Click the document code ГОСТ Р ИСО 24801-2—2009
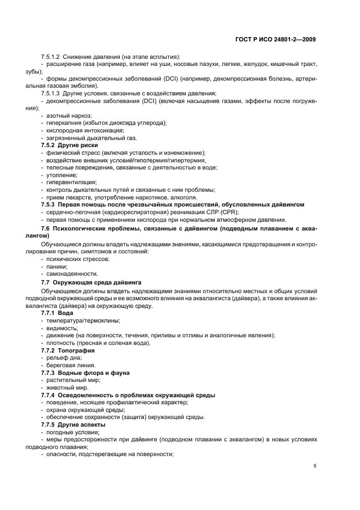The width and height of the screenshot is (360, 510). point(274,39)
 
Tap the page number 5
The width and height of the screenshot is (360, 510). point(315,465)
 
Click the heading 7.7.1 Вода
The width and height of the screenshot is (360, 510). point(58,313)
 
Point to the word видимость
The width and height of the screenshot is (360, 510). point(62,328)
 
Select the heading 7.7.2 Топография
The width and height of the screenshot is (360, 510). point(69,350)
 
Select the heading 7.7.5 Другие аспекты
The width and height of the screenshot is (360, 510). point(74,424)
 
